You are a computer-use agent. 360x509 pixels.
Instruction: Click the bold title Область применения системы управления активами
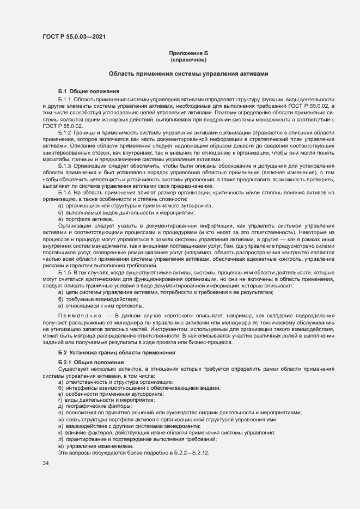coord(188,73)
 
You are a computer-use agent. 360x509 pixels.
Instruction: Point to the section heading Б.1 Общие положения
coord(85,90)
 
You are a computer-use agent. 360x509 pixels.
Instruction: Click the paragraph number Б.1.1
coord(65,100)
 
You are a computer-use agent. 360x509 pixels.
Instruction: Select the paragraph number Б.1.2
coord(65,132)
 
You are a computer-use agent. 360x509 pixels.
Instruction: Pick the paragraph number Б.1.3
coord(65,165)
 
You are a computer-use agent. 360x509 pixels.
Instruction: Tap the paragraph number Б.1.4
coord(65,193)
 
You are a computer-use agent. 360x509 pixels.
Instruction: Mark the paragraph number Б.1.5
coord(65,272)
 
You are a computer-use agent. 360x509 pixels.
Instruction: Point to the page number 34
coord(45,463)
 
